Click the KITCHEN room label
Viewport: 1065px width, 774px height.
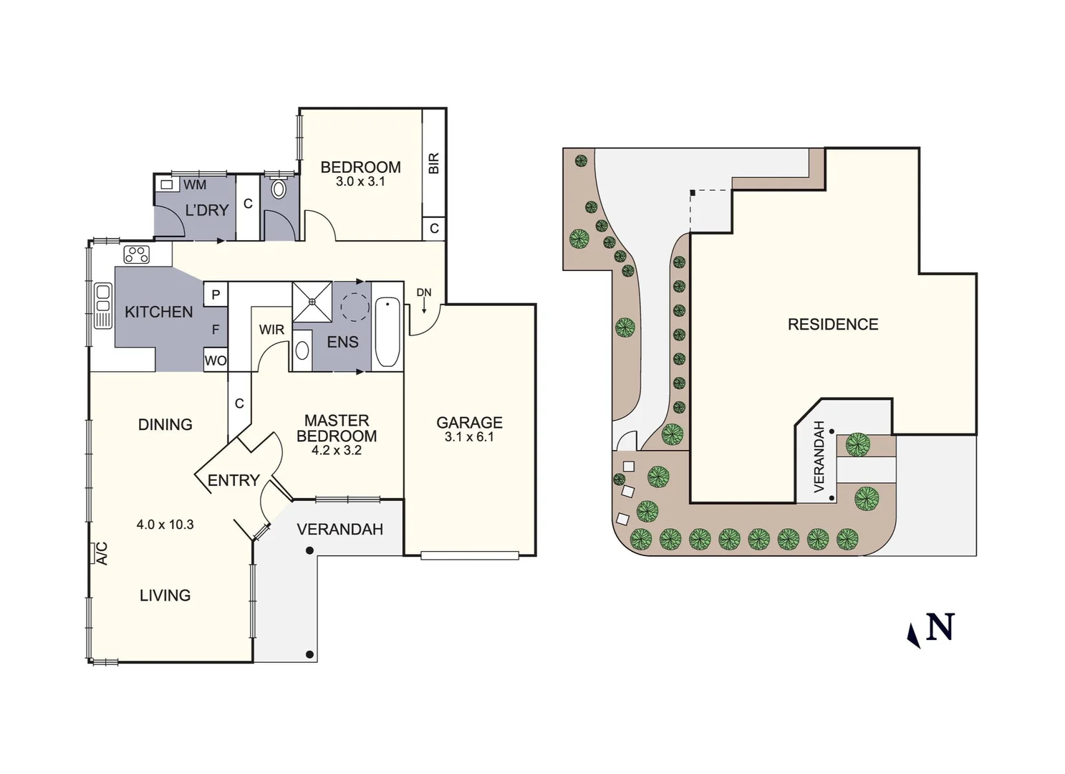(158, 312)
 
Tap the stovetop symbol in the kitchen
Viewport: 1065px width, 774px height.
(136, 254)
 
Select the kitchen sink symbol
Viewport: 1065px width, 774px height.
(103, 305)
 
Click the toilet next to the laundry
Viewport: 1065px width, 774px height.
(279, 189)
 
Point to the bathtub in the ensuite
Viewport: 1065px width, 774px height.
(387, 332)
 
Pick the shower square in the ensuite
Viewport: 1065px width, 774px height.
(312, 302)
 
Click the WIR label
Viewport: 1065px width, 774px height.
(271, 330)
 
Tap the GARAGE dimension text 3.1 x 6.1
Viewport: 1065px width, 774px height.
(469, 437)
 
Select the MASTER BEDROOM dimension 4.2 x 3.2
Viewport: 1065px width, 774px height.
(336, 451)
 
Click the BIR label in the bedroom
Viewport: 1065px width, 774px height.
(433, 163)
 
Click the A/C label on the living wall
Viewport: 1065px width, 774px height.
(101, 553)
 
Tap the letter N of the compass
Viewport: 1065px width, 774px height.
(940, 627)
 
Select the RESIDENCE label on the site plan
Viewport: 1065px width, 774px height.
(832, 325)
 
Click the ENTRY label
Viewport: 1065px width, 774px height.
(233, 480)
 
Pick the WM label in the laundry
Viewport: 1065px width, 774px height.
(194, 185)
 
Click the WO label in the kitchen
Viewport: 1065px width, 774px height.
(215, 360)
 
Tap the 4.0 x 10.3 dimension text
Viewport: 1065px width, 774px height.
(165, 525)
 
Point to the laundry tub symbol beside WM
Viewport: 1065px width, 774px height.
(166, 184)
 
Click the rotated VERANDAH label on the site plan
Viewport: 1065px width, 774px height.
(819, 456)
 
